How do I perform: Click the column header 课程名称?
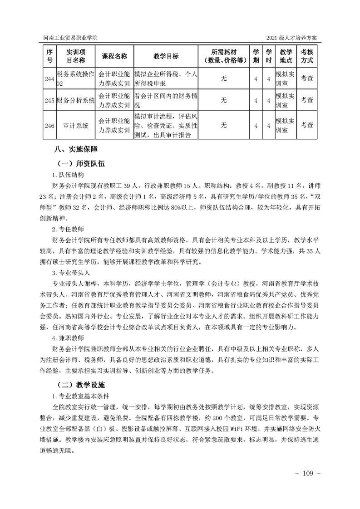pyautogui.click(x=114, y=56)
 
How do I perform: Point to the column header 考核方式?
pyautogui.click(x=307, y=56)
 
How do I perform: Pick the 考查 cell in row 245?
pyautogui.click(x=307, y=100)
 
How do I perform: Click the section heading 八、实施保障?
pyautogui.click(x=75, y=149)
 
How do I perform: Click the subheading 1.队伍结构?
pyautogui.click(x=68, y=175)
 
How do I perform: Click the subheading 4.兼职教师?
pyautogui.click(x=68, y=338)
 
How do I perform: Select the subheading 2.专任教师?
pyautogui.click(x=68, y=229)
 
